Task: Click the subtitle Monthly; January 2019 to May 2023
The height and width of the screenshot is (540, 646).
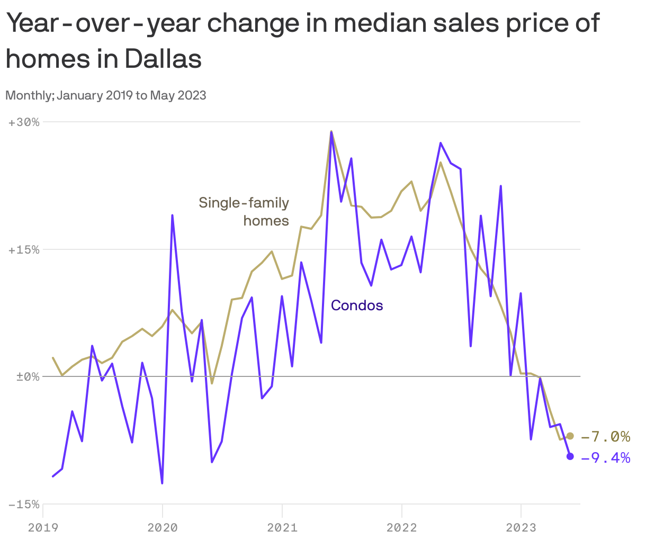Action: [x=105, y=95]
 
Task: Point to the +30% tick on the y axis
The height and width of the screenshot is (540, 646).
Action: [x=24, y=122]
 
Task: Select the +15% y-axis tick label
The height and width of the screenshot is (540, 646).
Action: [x=24, y=250]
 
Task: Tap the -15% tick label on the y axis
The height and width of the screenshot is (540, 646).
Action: [x=24, y=505]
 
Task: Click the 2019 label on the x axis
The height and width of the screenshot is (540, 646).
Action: [x=42, y=527]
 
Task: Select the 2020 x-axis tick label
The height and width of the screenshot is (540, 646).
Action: [x=162, y=527]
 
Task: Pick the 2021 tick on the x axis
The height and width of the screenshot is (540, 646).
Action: [x=282, y=527]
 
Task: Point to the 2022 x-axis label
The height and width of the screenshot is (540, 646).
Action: [x=401, y=527]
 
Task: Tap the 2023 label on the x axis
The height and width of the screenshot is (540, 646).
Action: [x=521, y=527]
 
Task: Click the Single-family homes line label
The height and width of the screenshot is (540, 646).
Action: [x=244, y=211]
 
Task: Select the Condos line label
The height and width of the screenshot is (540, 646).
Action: [x=357, y=305]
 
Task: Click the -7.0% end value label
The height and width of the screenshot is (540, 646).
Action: [x=605, y=437]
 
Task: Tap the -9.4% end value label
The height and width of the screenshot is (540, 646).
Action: [x=605, y=457]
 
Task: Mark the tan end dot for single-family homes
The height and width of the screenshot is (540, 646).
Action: [x=570, y=436]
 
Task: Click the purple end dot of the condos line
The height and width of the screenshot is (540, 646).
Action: [x=570, y=456]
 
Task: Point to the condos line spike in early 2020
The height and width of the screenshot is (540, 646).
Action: [x=172, y=215]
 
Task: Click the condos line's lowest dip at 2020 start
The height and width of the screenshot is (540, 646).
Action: [x=162, y=483]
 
